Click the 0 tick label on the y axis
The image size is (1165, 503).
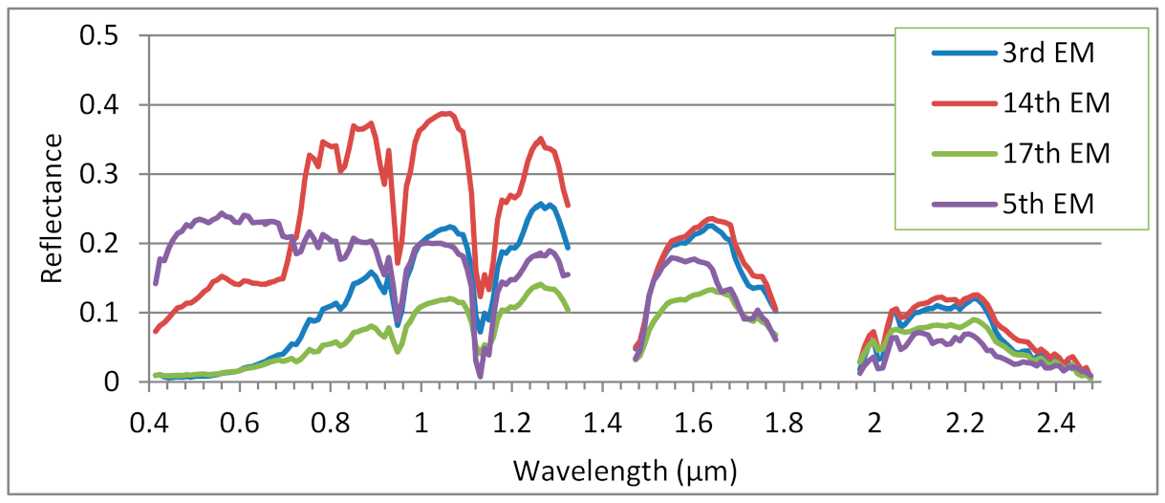(114, 383)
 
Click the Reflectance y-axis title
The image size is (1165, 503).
(52, 208)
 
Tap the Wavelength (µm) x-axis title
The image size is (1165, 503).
(625, 470)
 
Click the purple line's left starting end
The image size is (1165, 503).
(156, 283)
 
